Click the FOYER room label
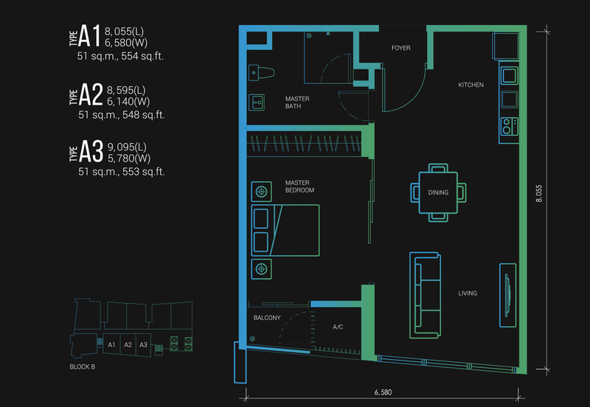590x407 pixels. pyautogui.click(x=400, y=49)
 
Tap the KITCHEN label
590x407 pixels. pyautogui.click(x=471, y=86)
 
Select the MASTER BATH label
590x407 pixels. pyautogui.click(x=298, y=102)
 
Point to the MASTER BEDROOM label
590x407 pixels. pyautogui.click(x=299, y=187)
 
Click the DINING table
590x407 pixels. pyautogui.click(x=438, y=192)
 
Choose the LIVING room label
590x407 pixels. pyautogui.click(x=467, y=293)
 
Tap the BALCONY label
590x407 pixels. pyautogui.click(x=266, y=319)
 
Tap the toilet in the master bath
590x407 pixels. pyautogui.click(x=263, y=72)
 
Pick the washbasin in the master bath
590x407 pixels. pyautogui.click(x=257, y=102)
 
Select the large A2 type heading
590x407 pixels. pyautogui.click(x=90, y=94)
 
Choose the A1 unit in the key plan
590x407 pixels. pyautogui.click(x=112, y=345)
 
